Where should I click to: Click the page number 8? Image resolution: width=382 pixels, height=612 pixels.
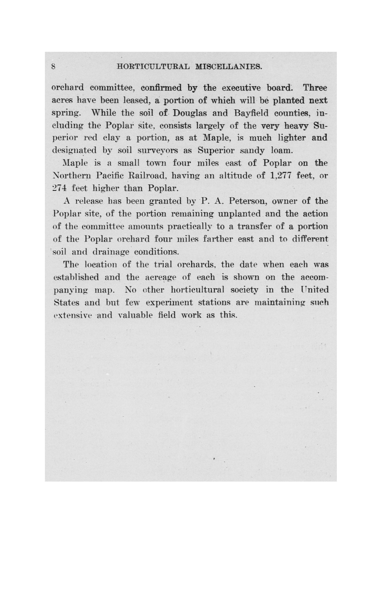53,67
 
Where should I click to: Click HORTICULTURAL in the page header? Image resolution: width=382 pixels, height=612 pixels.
153,67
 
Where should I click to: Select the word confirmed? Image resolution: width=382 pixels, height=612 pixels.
161,88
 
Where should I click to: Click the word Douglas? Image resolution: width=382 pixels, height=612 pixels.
190,113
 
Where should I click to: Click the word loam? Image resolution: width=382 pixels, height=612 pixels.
282,151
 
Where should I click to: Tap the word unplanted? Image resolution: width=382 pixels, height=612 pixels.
239,214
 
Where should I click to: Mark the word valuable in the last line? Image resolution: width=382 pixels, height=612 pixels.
135,315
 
